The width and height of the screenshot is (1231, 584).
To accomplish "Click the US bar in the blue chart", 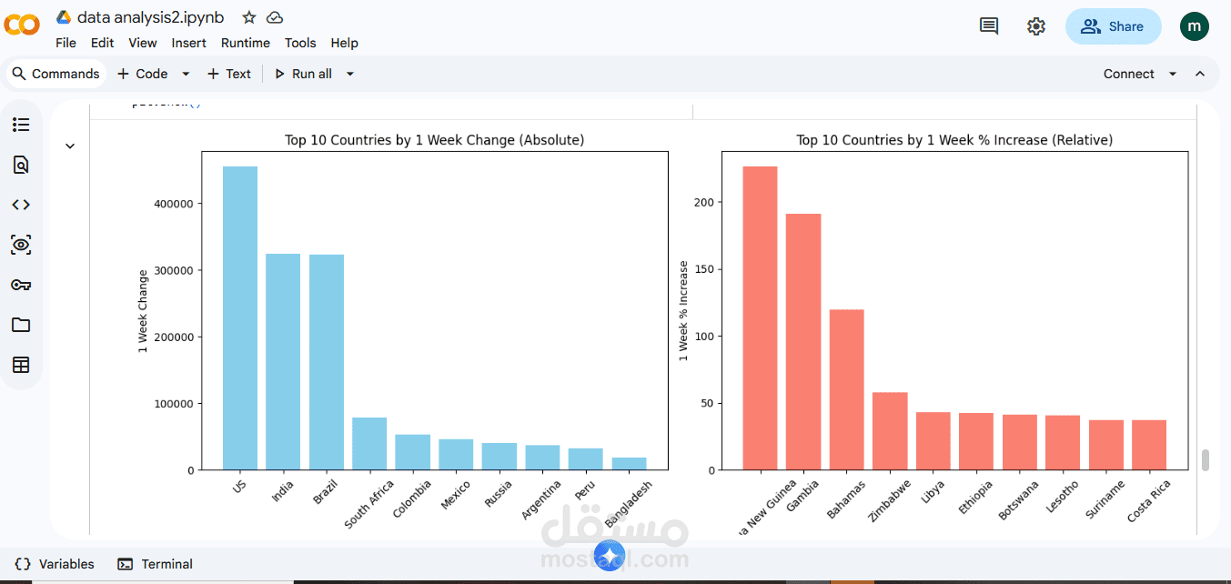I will (x=240, y=318).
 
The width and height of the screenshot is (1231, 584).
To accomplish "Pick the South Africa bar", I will (x=369, y=444).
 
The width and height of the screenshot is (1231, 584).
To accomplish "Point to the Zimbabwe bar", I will (x=890, y=431).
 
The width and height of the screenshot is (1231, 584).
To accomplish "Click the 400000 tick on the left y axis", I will (x=174, y=204).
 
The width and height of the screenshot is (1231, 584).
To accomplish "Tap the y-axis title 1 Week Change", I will (x=143, y=311).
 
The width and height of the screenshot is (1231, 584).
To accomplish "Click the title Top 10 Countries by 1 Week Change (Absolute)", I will (x=434, y=140).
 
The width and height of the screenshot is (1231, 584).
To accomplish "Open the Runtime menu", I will (x=245, y=43).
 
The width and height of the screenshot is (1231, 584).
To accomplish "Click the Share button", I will (x=1113, y=26).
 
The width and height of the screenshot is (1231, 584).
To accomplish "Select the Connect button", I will (x=1129, y=74).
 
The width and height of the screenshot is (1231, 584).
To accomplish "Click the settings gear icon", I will (x=1036, y=26).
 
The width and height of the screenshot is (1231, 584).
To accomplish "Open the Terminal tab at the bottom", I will (x=156, y=564).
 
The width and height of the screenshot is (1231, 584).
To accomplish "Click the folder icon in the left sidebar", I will (x=21, y=325).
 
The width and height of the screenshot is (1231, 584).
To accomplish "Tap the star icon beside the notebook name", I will (x=249, y=17).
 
